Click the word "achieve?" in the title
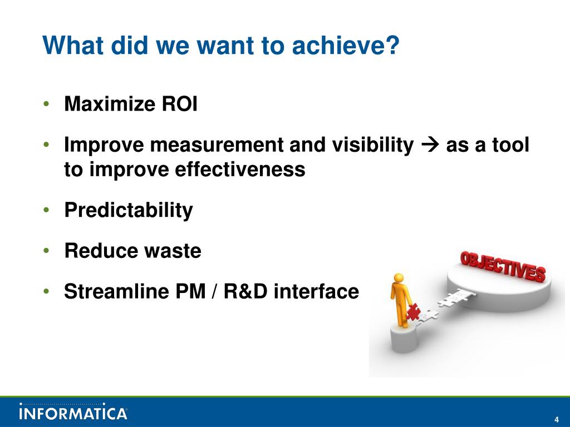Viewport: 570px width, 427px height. pos(346,46)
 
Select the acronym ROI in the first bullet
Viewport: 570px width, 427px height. pos(180,104)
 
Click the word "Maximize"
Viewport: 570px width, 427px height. pos(110,104)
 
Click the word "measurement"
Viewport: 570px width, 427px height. pos(217,145)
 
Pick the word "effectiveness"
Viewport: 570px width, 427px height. pos(240,169)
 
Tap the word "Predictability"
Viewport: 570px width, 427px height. pos(129,210)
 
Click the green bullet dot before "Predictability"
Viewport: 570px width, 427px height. pos(46,210)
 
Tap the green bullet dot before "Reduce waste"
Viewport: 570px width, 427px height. pos(46,251)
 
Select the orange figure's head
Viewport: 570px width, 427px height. pos(399,279)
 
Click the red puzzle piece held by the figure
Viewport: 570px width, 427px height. pos(413,312)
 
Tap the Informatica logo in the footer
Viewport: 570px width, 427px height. pos(73,411)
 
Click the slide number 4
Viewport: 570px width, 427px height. pos(556,419)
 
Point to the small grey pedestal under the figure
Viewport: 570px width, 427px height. pos(404,339)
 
